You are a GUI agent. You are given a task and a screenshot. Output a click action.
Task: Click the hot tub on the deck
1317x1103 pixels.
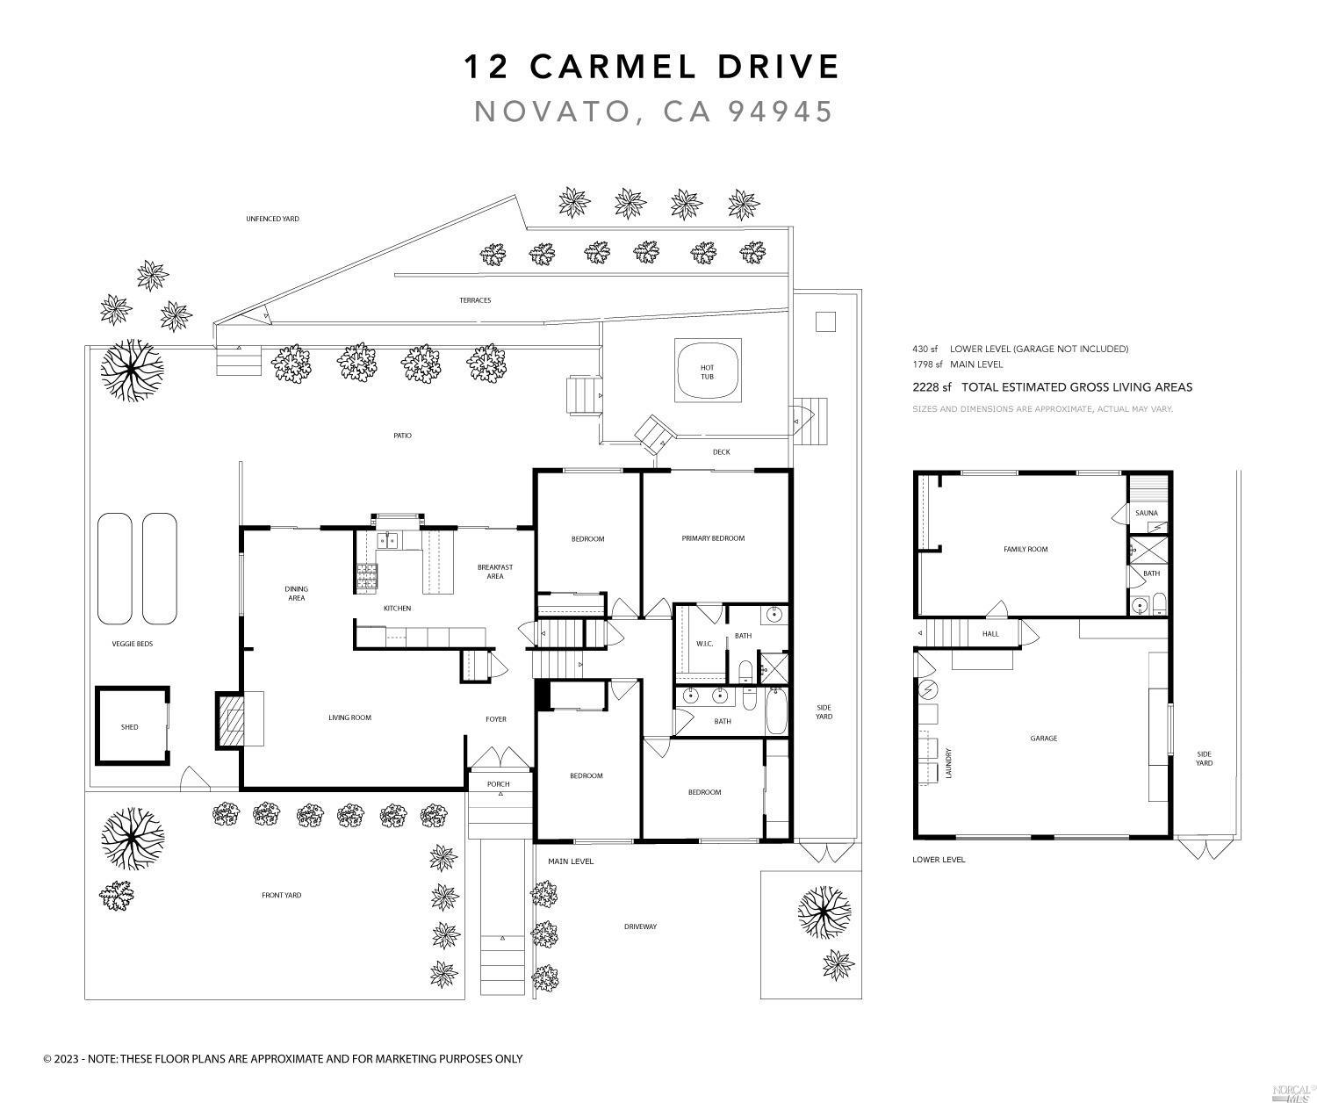coord(708,371)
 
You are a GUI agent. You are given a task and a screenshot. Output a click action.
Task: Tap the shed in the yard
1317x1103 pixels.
coord(130,727)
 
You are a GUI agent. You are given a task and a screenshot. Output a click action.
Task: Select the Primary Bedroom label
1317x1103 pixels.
coord(713,538)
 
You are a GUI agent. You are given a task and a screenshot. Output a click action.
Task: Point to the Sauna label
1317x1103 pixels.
coord(1146,513)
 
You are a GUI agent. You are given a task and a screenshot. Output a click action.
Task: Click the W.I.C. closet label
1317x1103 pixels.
coord(704,644)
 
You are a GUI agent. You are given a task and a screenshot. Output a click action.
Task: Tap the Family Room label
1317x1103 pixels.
coord(1026,550)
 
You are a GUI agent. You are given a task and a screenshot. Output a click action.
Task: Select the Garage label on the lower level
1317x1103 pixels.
coord(1043,739)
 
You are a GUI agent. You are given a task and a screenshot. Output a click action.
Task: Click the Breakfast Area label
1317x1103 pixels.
coord(495,572)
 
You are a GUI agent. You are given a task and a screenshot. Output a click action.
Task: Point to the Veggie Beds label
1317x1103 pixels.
coord(133,644)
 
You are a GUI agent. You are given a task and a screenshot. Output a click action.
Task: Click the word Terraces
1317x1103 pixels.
coord(475,300)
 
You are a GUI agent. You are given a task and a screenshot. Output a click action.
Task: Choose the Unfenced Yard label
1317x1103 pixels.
coord(272,219)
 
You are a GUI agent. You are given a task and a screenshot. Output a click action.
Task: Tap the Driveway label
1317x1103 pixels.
coord(640,926)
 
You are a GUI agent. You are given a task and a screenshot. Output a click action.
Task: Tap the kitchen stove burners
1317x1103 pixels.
coord(366,576)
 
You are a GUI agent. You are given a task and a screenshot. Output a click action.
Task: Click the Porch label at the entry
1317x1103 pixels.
coord(498,784)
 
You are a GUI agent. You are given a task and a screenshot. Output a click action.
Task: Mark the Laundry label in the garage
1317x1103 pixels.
coord(949,763)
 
